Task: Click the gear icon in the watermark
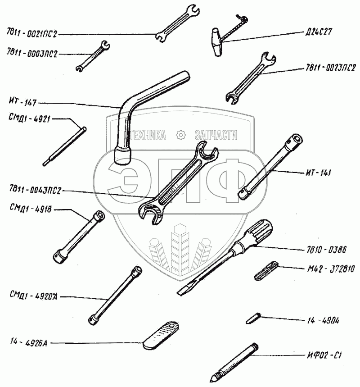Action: click(180, 135)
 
